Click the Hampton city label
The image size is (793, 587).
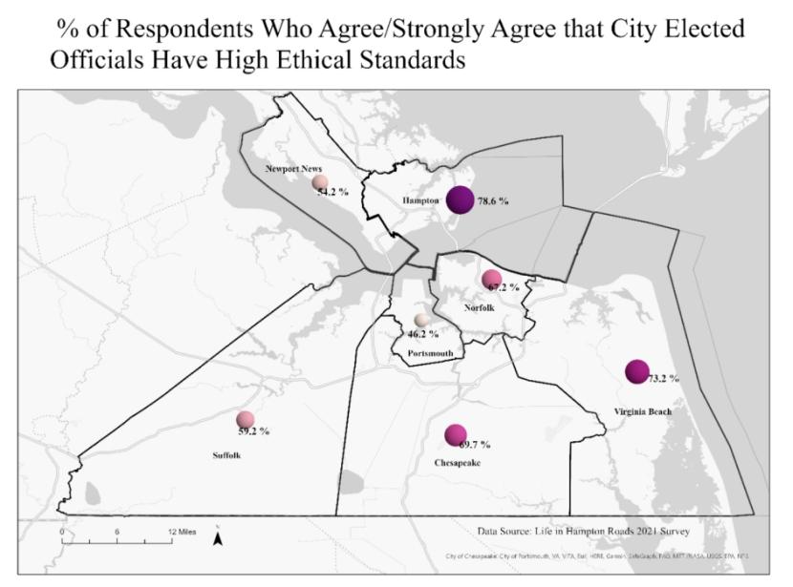coord(419,202)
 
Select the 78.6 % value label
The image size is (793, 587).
coord(494,202)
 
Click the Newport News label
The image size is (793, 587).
coord(294,169)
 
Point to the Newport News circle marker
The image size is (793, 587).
coord(320,182)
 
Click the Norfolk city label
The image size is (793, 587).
coord(479,307)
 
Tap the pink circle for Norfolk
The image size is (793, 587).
coord(491,280)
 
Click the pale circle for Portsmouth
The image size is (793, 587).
coord(421,321)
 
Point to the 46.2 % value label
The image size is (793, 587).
coord(423,334)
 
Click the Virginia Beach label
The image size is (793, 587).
coord(642,412)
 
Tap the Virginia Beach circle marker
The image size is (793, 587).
coord(636,372)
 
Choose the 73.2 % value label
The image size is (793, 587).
coord(663,379)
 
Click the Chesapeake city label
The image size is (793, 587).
coord(457,463)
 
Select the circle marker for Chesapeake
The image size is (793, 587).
coord(455,435)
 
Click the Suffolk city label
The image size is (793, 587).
coord(226,456)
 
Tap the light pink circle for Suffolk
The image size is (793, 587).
coord(246,420)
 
